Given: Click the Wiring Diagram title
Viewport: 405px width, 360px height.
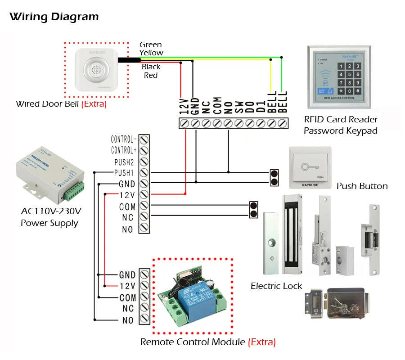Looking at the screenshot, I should pos(54,18).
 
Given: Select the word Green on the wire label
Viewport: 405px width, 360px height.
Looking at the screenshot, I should pos(150,45).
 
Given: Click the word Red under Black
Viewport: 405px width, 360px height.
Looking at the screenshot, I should pos(151,76).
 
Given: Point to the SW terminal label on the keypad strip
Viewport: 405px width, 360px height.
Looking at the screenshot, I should pos(239,106).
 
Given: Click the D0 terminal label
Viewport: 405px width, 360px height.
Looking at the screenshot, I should pos(250,106).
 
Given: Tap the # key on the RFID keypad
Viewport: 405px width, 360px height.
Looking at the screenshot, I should pos(358,91).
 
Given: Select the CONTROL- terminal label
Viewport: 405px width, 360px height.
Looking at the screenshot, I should pos(124,139).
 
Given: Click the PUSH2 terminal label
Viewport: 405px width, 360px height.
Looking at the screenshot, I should pos(124,162).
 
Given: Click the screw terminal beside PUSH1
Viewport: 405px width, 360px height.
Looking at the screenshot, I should pos(144,173).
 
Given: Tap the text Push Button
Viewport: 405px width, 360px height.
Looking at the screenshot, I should pos(362,186).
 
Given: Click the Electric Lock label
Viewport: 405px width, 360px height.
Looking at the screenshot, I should pos(276,286).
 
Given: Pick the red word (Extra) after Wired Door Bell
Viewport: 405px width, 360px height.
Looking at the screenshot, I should pos(94,104).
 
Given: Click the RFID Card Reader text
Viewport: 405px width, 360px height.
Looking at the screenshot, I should pos(341,120).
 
